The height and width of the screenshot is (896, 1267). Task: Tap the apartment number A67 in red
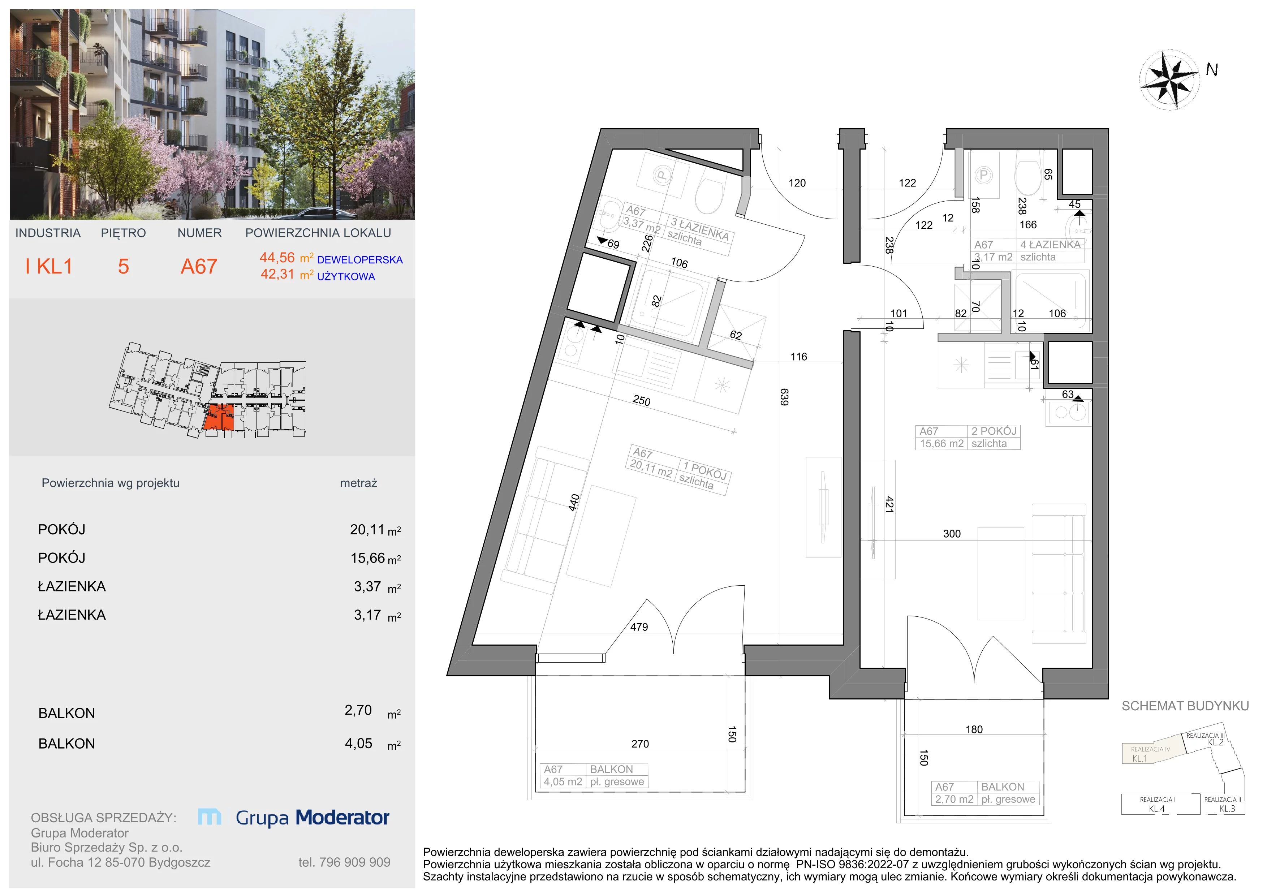(x=199, y=267)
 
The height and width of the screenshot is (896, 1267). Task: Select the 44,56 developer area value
(x=277, y=258)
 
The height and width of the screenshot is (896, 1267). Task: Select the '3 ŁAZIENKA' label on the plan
(x=700, y=228)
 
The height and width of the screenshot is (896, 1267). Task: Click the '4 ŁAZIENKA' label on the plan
(x=1050, y=245)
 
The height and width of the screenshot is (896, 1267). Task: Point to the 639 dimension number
(x=784, y=397)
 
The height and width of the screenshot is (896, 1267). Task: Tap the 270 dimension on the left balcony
(x=640, y=744)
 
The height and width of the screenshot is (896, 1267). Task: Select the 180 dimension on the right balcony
(x=974, y=729)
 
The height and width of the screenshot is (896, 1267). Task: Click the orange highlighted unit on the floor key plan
(x=220, y=417)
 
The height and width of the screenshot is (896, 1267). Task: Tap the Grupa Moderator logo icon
(x=210, y=817)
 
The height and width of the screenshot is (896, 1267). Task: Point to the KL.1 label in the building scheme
(x=1139, y=759)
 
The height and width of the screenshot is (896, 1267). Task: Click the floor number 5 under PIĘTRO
(x=124, y=267)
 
